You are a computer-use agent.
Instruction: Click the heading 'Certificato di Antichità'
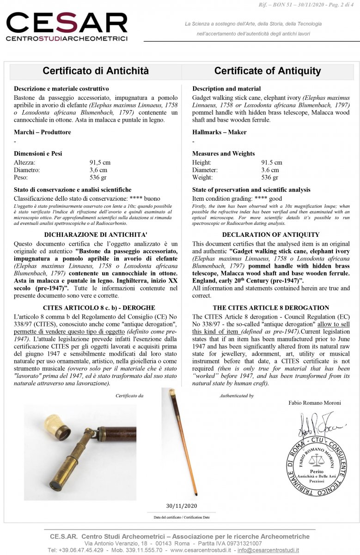tap(96, 71)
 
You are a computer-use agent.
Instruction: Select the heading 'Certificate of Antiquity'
tap(267, 71)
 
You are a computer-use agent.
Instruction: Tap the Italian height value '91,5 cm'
tap(100, 162)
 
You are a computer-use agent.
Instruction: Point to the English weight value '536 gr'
tap(270, 177)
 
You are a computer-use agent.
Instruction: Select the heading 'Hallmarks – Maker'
tap(219, 132)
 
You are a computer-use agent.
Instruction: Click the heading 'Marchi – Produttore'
tap(43, 132)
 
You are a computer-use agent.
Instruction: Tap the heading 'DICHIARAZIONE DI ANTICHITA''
tap(96, 234)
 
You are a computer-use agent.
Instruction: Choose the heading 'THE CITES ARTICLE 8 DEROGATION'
tap(271, 308)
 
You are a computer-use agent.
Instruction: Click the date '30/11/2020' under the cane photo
tap(181, 505)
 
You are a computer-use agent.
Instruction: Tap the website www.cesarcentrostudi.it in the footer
tap(201, 550)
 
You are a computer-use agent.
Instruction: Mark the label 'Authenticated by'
tap(237, 396)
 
